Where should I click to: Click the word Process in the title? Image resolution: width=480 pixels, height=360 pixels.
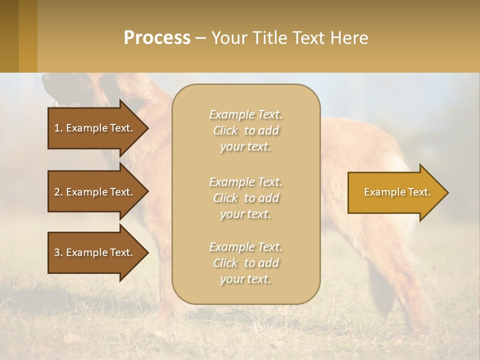(x=157, y=37)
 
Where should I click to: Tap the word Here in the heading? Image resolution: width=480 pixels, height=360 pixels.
(x=349, y=37)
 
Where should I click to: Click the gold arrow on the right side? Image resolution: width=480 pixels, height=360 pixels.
(x=395, y=192)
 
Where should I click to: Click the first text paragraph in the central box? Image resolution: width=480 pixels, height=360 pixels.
(x=245, y=130)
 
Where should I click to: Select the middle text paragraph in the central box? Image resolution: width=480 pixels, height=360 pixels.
(x=245, y=197)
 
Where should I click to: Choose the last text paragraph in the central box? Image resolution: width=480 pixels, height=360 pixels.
(x=245, y=263)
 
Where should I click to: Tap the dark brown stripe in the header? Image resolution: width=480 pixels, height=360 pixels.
(x=9, y=36)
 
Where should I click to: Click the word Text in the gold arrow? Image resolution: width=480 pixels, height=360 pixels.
(x=419, y=192)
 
